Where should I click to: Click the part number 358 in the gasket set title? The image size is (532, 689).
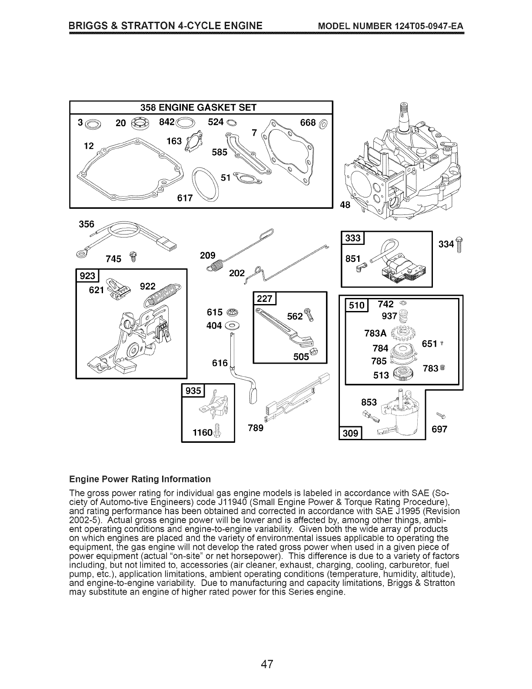(x=148, y=107)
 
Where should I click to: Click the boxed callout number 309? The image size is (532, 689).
(x=350, y=433)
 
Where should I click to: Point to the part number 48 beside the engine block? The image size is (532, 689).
(x=345, y=205)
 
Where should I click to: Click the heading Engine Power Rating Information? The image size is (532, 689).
(x=140, y=479)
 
